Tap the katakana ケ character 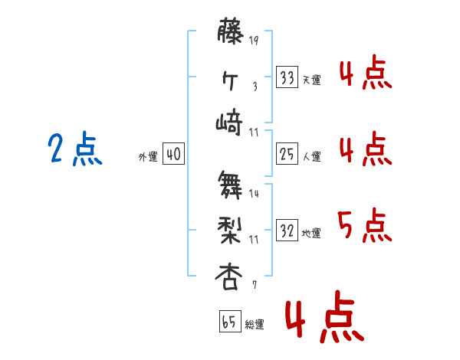(x=230, y=79)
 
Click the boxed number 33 (x=287, y=77)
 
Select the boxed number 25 (x=287, y=154)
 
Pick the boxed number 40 (x=172, y=155)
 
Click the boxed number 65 (x=228, y=322)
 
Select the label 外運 (x=148, y=157)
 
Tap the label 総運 (x=255, y=324)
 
